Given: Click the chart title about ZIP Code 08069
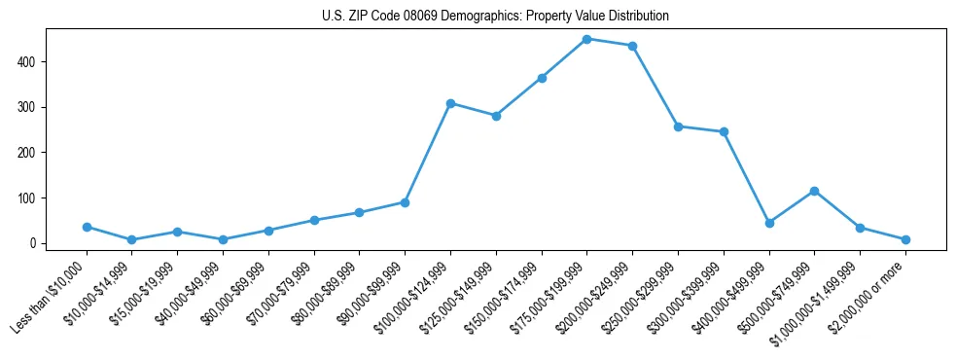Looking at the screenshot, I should click(x=495, y=17).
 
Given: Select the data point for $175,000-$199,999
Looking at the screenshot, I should click(x=587, y=39).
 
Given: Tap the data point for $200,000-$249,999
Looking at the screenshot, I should click(x=632, y=46).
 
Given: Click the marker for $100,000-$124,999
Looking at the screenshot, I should click(x=450, y=103).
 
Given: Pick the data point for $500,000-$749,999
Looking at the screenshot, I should click(x=814, y=191).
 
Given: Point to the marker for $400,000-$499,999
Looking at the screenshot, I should click(x=769, y=223).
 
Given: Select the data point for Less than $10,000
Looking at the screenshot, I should click(x=87, y=227).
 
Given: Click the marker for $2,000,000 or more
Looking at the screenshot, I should click(x=905, y=239).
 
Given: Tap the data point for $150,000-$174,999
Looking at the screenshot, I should click(x=542, y=78).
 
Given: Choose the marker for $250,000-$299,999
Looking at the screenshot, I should click(x=678, y=126).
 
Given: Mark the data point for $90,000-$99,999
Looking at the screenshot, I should click(x=405, y=202).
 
